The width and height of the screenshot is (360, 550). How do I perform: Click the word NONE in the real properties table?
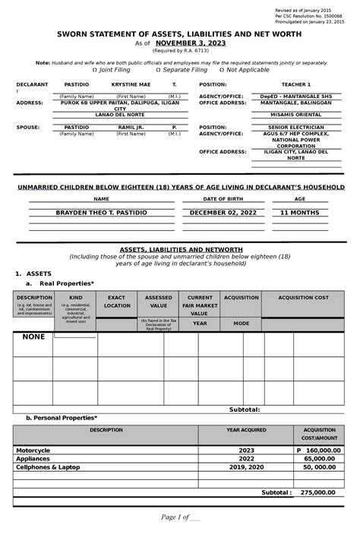tap(33, 337)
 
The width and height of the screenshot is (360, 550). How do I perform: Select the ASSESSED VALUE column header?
tap(158, 301)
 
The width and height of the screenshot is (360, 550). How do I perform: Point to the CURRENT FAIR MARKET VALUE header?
tap(200, 305)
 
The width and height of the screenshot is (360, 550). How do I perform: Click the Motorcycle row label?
tap(33, 450)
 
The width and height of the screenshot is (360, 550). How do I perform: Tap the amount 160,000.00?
tap(322, 450)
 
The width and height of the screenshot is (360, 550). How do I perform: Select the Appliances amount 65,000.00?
tap(324, 459)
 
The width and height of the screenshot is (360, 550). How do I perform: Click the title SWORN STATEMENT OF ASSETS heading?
tap(181, 33)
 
